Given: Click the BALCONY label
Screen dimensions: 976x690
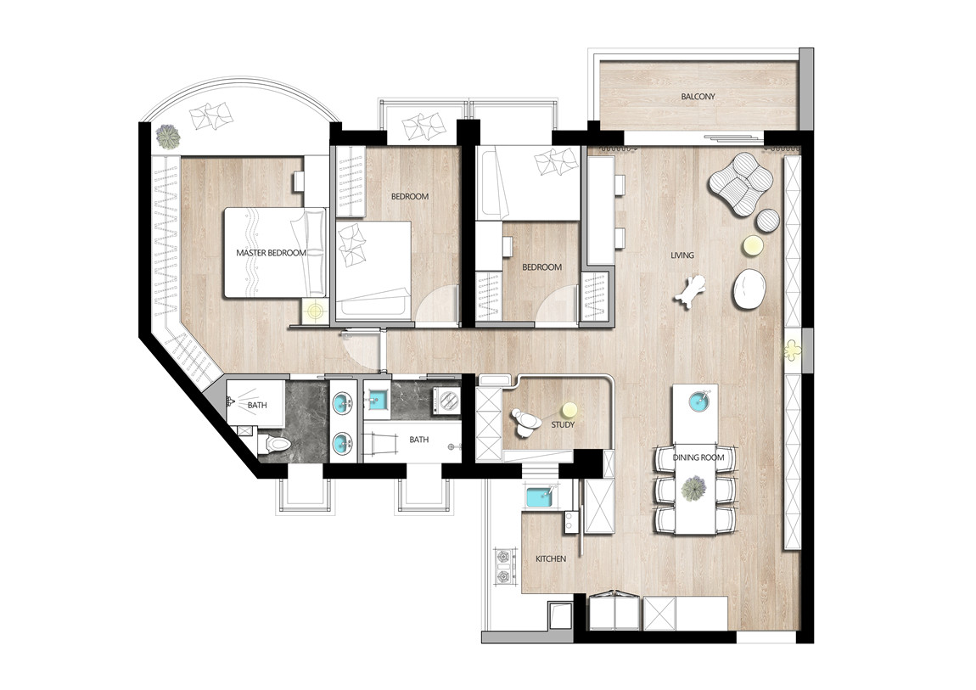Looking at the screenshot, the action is [x=698, y=97].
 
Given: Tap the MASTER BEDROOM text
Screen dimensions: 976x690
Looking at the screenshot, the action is [x=271, y=253].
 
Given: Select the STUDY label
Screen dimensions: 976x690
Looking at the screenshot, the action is [x=563, y=425].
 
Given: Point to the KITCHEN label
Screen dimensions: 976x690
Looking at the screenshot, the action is [x=551, y=558].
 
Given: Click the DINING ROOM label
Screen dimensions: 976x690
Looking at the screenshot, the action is [x=698, y=457].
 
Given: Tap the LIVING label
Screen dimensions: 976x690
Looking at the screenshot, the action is [x=682, y=255].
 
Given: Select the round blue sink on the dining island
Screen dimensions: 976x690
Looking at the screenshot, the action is [x=700, y=401].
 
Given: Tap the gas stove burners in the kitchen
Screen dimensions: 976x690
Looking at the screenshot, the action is [x=503, y=566].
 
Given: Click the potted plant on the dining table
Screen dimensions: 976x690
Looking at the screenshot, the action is [x=693, y=488].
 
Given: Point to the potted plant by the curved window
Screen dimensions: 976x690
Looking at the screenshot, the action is [x=168, y=137].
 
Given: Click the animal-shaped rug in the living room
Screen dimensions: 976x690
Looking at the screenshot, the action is [x=690, y=292].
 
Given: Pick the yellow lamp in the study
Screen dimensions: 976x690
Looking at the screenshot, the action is [x=569, y=410].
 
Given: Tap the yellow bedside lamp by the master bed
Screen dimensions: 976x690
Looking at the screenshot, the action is [x=316, y=309].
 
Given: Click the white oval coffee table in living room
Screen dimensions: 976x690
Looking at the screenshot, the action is [x=749, y=289].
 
